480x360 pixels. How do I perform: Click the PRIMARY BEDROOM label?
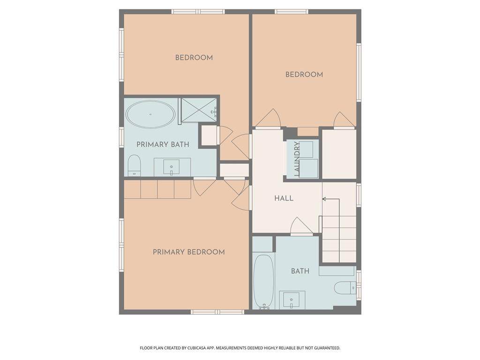(x=188, y=252)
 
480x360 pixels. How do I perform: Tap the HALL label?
(x=284, y=198)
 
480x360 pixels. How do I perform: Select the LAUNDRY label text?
(x=296, y=158)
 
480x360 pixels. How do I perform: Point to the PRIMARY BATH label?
(x=163, y=144)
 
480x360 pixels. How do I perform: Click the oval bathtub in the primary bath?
(x=150, y=114)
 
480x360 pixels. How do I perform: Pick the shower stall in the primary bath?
(x=198, y=110)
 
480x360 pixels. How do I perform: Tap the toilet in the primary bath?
(x=134, y=165)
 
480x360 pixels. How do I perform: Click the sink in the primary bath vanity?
(x=172, y=167)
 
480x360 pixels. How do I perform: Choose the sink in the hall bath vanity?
(x=292, y=300)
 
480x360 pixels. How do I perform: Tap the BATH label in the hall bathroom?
(x=300, y=271)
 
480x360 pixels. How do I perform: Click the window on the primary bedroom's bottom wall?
(x=217, y=312)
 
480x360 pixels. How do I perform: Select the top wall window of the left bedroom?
(x=198, y=12)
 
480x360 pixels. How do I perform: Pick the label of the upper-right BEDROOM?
(x=304, y=75)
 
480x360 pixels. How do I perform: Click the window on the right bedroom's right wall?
(x=359, y=72)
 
